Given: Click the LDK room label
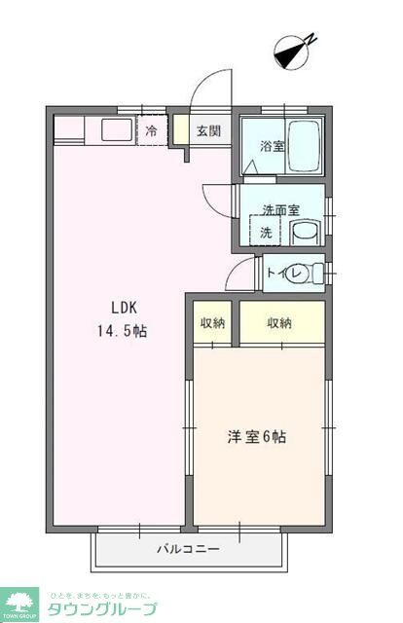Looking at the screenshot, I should click(x=122, y=309).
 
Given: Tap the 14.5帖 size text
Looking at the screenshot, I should click(x=122, y=331).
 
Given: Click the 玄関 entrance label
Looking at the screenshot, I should click(x=207, y=131).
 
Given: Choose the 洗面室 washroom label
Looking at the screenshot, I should click(x=280, y=210).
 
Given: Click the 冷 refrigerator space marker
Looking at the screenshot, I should click(x=152, y=130).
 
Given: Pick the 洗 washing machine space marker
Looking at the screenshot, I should click(x=266, y=233).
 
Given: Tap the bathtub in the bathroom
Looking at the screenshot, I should click(x=305, y=146).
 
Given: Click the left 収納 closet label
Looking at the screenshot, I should click(x=212, y=323).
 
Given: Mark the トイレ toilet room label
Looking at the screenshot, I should click(x=280, y=274).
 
